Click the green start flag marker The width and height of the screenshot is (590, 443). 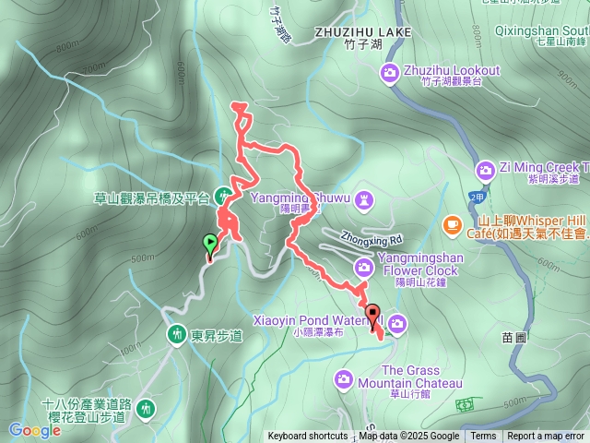209,245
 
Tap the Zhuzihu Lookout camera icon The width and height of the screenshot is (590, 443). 391,72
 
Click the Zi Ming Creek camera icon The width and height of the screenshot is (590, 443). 485,169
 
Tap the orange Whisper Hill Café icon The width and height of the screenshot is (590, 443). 452,223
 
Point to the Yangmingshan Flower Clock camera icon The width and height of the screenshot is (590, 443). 364,267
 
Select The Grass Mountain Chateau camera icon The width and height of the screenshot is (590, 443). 344,377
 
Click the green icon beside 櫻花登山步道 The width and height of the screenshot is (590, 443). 146,408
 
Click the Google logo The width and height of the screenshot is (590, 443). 34,430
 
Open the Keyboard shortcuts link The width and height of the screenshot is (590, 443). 308,437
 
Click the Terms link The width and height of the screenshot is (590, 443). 483,437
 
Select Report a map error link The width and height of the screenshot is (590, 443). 547,437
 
